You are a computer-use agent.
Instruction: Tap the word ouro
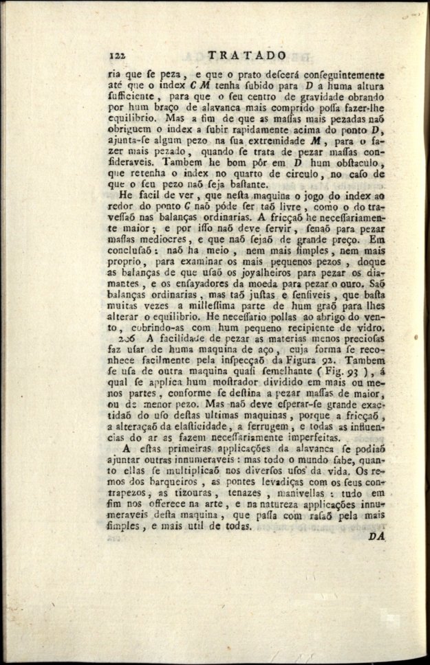369,284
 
